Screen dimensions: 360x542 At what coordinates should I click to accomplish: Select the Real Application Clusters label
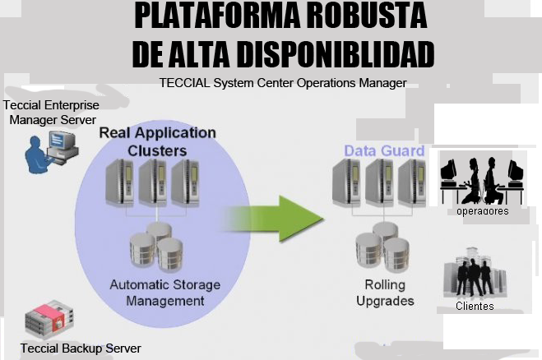point(157,141)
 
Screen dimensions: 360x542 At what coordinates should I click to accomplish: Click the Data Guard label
point(383,151)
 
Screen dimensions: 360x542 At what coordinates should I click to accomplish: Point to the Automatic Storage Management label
point(165,293)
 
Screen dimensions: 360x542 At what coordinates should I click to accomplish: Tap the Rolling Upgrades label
point(385,293)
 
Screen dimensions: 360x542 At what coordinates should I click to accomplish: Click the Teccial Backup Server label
point(81,348)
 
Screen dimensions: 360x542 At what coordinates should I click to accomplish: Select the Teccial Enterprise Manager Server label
point(51,113)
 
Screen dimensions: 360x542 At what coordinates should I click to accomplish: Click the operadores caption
point(483,211)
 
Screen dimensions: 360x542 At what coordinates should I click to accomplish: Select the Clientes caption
point(475,307)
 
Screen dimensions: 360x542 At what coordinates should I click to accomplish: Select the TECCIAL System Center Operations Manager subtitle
point(283,82)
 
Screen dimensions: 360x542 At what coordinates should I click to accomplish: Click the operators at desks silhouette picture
point(482,179)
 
